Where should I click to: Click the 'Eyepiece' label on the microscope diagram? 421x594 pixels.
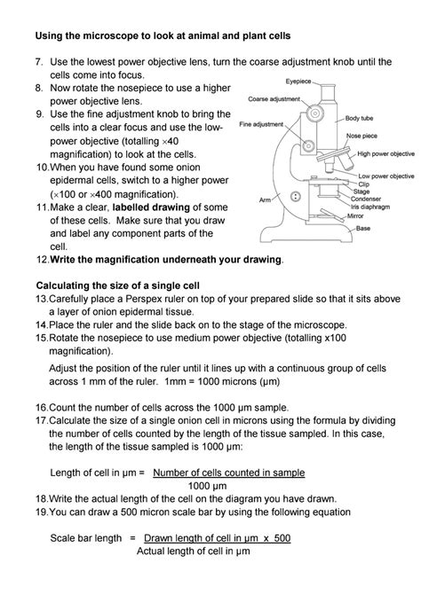(298, 81)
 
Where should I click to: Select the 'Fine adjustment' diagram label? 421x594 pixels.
(262, 125)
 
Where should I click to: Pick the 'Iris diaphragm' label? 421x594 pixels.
(372, 206)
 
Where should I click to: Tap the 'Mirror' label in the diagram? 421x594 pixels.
(354, 215)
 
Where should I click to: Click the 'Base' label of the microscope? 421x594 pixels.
(363, 228)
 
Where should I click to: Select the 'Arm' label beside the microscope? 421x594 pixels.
(265, 200)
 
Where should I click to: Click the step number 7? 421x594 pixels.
(38, 63)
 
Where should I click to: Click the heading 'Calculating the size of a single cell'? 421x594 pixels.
(117, 285)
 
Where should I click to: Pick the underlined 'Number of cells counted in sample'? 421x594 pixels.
(228, 472)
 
